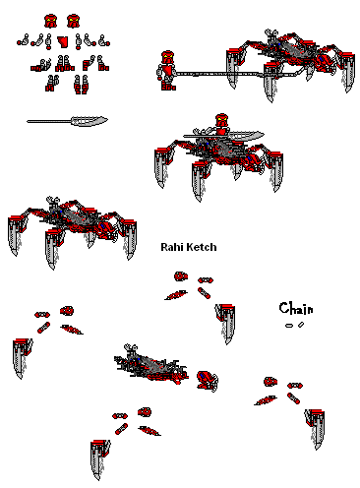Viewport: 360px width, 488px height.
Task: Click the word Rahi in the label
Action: click(169, 247)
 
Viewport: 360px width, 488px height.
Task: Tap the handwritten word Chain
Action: click(296, 309)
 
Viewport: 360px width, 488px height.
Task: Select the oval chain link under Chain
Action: click(289, 326)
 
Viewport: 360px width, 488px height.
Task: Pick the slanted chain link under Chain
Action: click(301, 325)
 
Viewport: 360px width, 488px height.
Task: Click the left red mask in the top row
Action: click(51, 21)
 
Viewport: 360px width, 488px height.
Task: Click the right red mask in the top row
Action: click(73, 21)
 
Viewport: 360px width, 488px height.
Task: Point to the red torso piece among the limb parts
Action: click(63, 41)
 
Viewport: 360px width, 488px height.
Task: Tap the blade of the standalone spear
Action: click(90, 121)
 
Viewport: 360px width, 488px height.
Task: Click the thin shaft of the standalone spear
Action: click(49, 121)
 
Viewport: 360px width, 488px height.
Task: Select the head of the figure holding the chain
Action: click(167, 57)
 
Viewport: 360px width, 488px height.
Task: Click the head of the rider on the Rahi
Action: click(222, 120)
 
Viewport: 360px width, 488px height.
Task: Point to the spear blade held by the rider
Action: click(245, 135)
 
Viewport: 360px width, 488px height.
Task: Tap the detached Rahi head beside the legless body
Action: click(207, 381)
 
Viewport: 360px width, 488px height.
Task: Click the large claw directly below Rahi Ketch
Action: click(225, 323)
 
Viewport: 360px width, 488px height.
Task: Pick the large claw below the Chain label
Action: click(315, 429)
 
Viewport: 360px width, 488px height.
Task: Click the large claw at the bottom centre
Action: click(100, 459)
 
